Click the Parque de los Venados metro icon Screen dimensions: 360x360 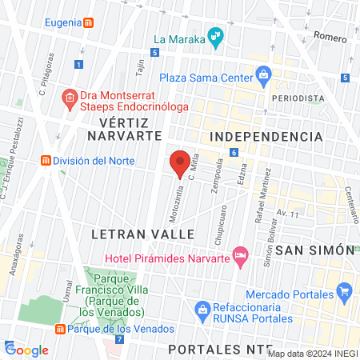point(60,330)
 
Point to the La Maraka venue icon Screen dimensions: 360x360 point(214,37)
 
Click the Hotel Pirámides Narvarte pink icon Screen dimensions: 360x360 point(240,255)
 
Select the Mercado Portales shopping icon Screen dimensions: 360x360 point(346,291)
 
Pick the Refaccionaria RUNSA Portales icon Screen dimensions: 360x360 point(203,308)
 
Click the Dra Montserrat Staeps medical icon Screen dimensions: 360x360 point(70,98)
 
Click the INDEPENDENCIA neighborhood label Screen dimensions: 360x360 point(266,137)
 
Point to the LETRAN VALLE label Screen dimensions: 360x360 point(143,234)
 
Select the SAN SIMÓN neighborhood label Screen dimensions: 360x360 point(314,250)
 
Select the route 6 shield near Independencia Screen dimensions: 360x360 point(234,153)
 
